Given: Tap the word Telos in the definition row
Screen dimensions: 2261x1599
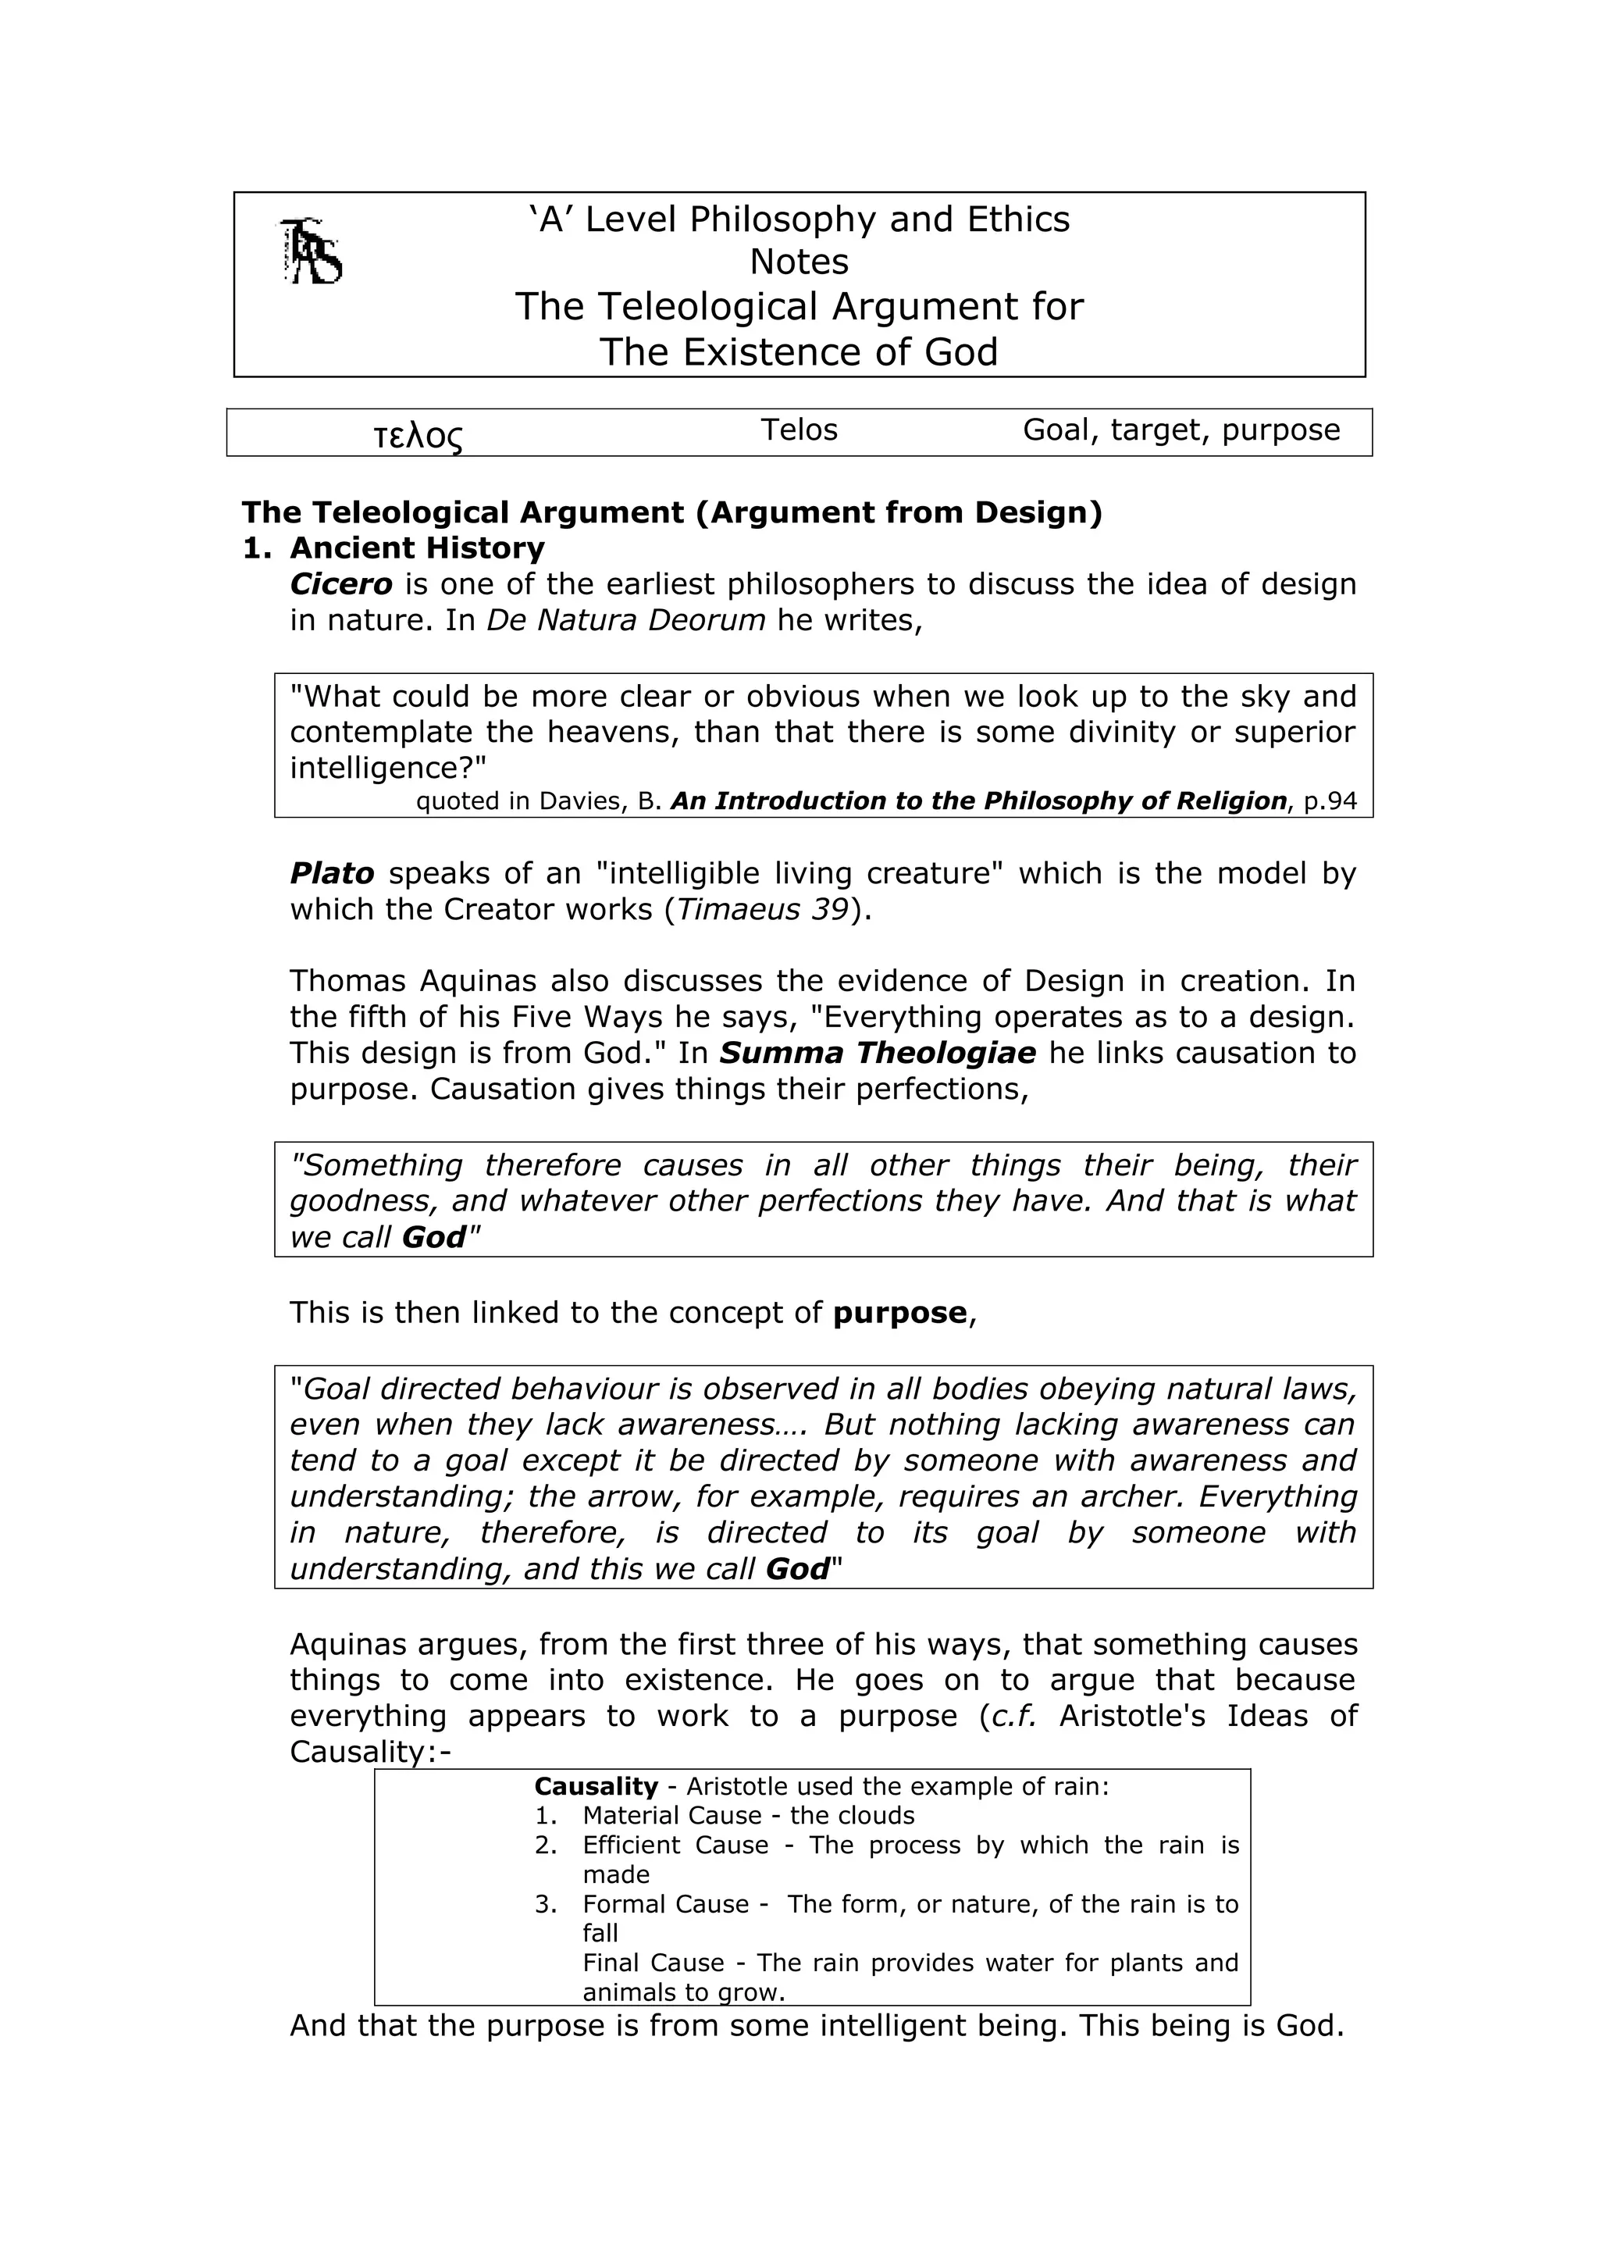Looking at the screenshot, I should [799, 430].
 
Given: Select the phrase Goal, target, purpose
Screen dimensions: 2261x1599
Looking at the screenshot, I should [1181, 430].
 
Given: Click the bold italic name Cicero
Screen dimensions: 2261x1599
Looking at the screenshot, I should [340, 585].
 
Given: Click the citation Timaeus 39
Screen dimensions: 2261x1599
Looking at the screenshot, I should [763, 910].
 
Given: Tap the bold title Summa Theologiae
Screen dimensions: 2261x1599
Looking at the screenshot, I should [878, 1054].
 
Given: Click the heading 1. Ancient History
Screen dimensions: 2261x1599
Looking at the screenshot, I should [394, 548].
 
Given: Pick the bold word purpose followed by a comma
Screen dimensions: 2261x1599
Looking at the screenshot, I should [900, 1314].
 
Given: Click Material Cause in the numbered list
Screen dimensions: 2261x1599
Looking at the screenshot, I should [671, 1817].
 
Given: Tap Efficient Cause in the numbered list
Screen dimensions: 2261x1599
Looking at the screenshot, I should [675, 1846].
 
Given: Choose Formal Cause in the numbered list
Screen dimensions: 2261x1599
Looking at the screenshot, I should [664, 1906].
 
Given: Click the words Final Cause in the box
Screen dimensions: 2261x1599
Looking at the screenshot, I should [653, 1963].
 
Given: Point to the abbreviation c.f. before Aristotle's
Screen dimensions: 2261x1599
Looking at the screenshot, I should [1014, 1717].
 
